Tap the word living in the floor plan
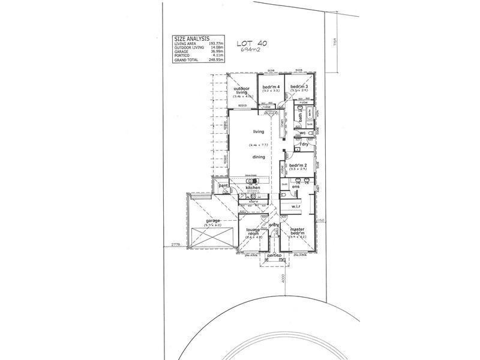pos(259,131)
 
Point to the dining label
pos(259,157)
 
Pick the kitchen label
pos(253,188)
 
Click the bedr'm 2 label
pos(298,165)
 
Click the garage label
pos(213,221)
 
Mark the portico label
pos(275,256)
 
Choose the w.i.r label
pos(296,206)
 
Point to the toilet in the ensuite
pos(283,194)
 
